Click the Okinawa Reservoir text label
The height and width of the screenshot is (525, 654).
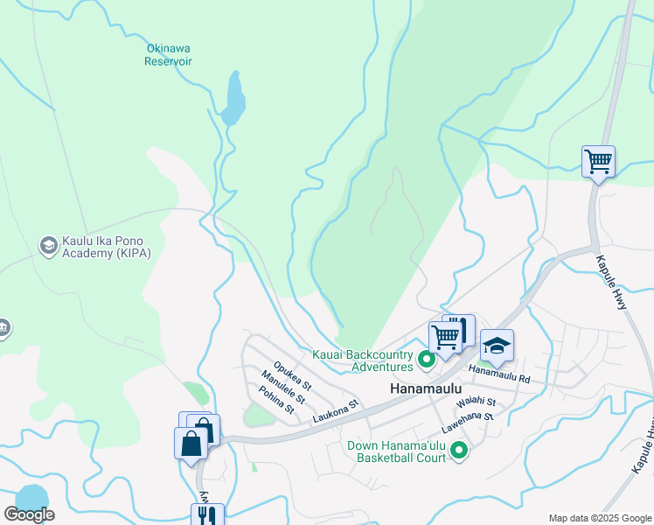(x=169, y=54)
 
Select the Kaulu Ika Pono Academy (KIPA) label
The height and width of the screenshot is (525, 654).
(x=107, y=247)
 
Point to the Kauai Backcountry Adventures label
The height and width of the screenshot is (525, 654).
(x=363, y=360)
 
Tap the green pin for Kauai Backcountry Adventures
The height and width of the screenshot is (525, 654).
(x=427, y=360)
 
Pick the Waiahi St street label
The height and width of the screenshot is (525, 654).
(x=476, y=402)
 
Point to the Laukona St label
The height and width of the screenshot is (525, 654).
(x=336, y=412)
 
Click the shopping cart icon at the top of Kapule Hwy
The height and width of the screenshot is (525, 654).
(x=598, y=161)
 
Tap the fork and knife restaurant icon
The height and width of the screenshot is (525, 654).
(x=208, y=516)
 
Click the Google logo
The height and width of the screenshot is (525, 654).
(x=30, y=514)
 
